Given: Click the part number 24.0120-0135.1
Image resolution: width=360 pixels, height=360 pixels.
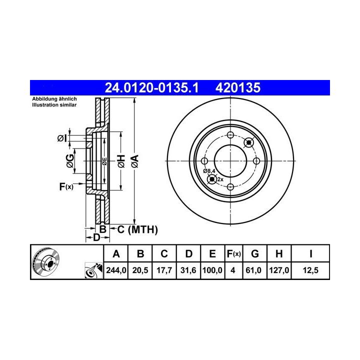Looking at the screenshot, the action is click(151, 87).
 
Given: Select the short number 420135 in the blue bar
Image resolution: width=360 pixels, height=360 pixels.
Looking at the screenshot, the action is click(238, 87).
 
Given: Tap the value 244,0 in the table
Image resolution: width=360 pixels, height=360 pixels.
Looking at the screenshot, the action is click(116, 270).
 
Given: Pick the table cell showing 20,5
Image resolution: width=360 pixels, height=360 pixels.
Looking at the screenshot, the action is click(140, 270).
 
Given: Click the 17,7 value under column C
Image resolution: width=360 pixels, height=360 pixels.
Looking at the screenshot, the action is click(164, 270).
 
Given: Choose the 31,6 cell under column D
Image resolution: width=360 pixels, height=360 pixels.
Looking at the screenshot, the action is click(188, 270).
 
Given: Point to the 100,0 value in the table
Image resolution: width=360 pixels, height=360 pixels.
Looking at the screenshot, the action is click(212, 270).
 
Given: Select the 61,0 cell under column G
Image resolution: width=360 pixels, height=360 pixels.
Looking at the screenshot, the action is click(253, 270).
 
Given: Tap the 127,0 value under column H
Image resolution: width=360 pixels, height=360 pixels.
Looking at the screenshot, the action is click(279, 270).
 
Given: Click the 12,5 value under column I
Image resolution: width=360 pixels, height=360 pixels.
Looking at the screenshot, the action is click(310, 270).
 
